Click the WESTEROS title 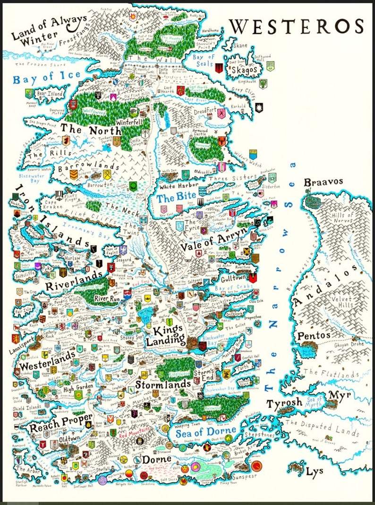click(x=298, y=26)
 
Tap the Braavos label click(x=324, y=182)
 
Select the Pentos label click(x=314, y=336)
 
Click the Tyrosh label click(x=283, y=404)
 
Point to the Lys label click(x=315, y=471)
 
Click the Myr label click(x=340, y=394)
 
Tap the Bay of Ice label click(x=47, y=77)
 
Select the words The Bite click(x=172, y=199)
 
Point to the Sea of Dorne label click(x=206, y=430)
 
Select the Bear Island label click(x=49, y=94)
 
